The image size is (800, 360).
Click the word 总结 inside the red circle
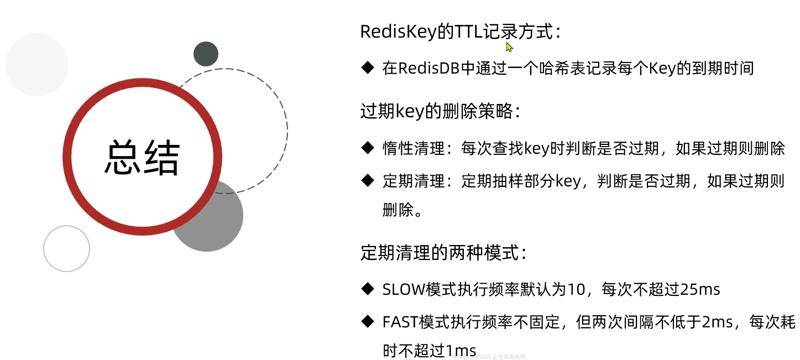tap(143, 158)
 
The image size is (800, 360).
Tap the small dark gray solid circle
tap(206, 54)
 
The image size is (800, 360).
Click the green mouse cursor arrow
tap(509, 47)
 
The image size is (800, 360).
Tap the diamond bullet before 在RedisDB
tap(368, 68)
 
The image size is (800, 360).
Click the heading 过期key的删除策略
tap(439, 112)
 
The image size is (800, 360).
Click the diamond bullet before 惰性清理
tap(368, 148)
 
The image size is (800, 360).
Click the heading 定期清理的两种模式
tap(442, 253)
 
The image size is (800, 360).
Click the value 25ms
tap(700, 289)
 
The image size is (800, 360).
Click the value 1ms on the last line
tap(461, 351)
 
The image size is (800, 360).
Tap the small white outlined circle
tap(66, 248)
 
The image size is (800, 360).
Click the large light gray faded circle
tap(37, 65)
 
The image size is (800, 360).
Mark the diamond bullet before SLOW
tap(368, 289)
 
